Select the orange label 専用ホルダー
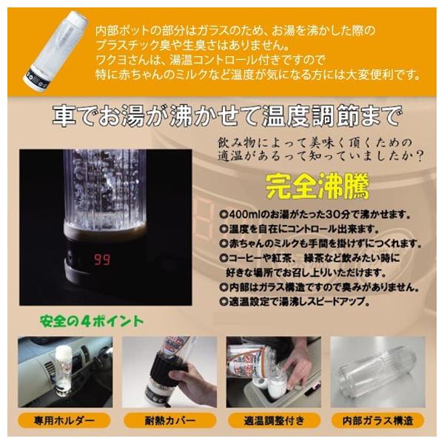[64, 421]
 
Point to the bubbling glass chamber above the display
[103, 192]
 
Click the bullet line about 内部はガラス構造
[314, 287]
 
